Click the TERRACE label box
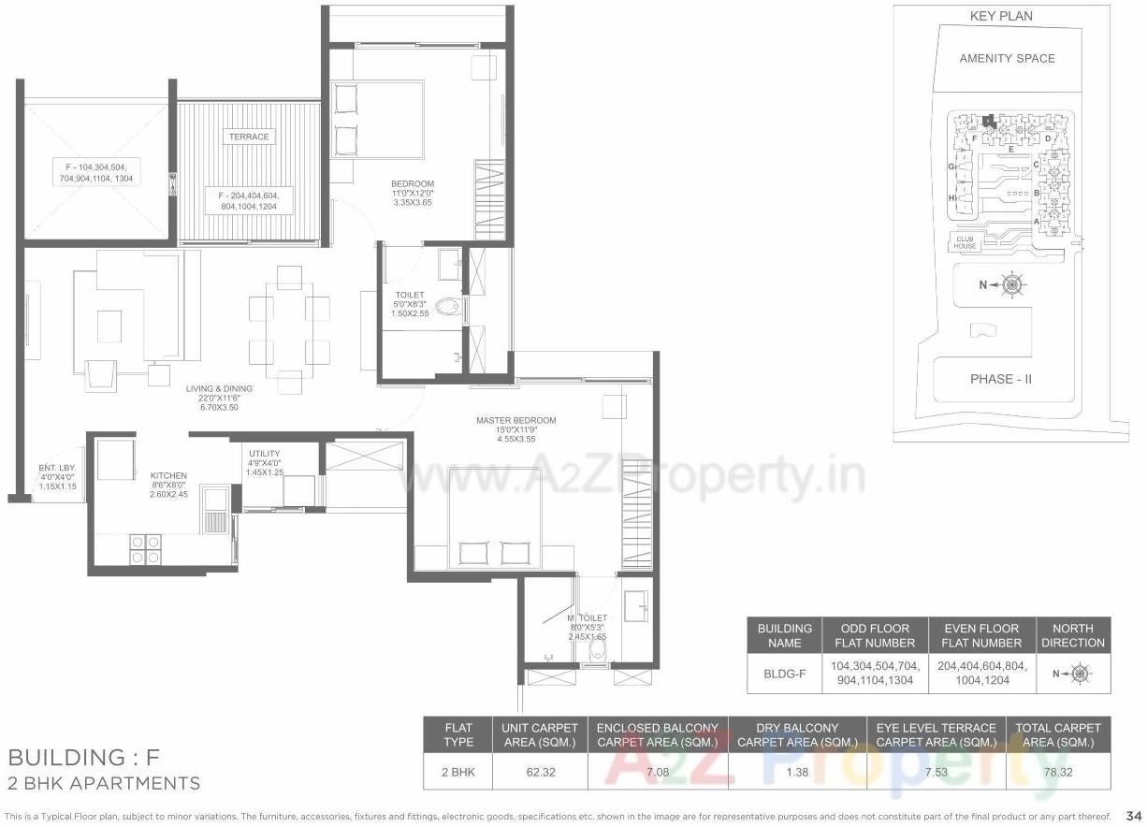click(x=248, y=137)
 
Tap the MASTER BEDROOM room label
click(x=515, y=420)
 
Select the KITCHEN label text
click(x=168, y=475)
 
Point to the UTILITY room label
click(x=265, y=454)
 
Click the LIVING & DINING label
click(x=218, y=388)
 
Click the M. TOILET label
click(x=588, y=618)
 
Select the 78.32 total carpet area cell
click(x=1058, y=773)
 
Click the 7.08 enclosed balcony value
click(x=658, y=773)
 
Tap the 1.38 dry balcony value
click(x=797, y=773)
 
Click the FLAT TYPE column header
click(x=458, y=734)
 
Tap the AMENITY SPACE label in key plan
click(x=1007, y=58)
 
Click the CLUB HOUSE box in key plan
click(x=966, y=242)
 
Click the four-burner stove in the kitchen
click(x=144, y=548)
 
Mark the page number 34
click(x=1134, y=815)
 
